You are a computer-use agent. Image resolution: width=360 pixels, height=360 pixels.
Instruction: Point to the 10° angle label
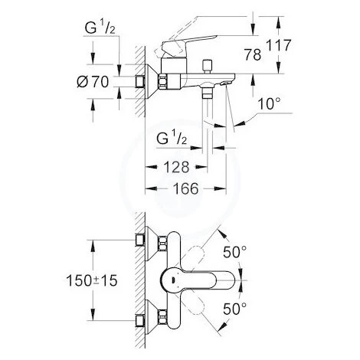point(267,103)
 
